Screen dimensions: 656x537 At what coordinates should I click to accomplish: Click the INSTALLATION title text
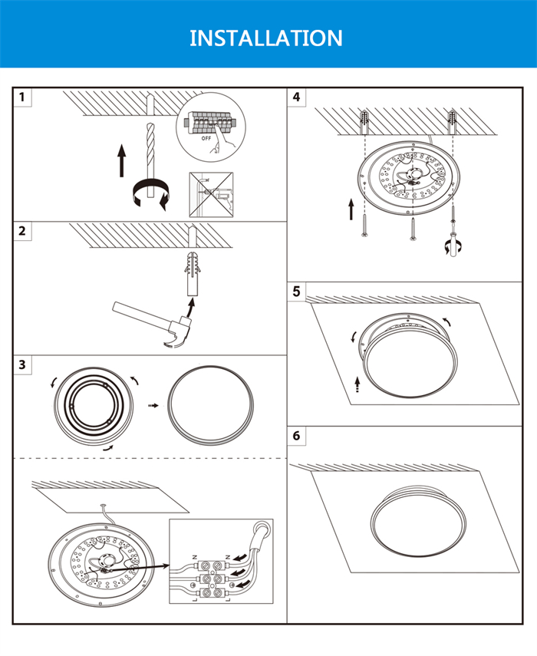pos(266,38)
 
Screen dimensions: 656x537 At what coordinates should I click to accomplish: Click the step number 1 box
pos(23,97)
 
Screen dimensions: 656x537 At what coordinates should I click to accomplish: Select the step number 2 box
pos(23,232)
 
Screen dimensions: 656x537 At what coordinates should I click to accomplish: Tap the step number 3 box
pos(23,364)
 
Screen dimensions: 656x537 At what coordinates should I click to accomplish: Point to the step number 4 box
pos(297,97)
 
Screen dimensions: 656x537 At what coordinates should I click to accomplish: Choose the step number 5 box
pos(297,292)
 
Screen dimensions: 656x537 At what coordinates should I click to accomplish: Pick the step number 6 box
pos(297,436)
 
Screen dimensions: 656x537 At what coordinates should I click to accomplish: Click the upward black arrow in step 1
pos(121,160)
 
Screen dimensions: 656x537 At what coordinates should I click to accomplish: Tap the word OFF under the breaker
pos(206,140)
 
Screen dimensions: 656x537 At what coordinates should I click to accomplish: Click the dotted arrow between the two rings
pos(153,406)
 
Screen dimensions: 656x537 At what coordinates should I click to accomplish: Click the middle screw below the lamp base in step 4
pos(413,229)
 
